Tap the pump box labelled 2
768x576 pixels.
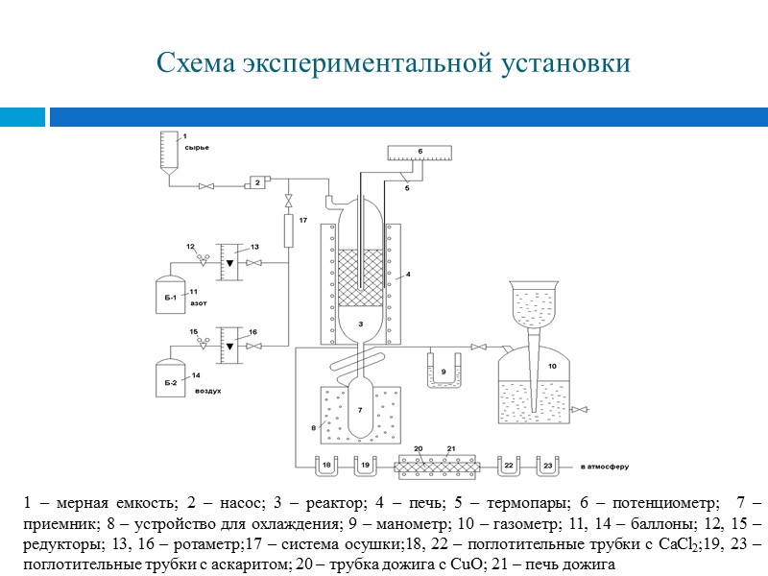coord(257,181)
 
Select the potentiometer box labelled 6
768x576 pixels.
coord(420,152)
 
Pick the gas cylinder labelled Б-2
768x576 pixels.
coord(171,375)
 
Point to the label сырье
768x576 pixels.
coord(196,147)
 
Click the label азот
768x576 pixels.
coord(198,302)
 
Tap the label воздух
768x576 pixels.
coord(208,392)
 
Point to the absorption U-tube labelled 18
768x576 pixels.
coord(326,466)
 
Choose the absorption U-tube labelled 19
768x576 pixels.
coord(364,466)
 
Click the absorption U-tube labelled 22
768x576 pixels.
coord(509,466)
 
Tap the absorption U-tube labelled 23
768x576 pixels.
coord(546,466)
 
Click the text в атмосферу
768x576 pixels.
coord(605,467)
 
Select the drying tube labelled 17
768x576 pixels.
coord(288,231)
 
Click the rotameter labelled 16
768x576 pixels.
coord(228,344)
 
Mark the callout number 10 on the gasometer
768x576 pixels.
coord(552,366)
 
